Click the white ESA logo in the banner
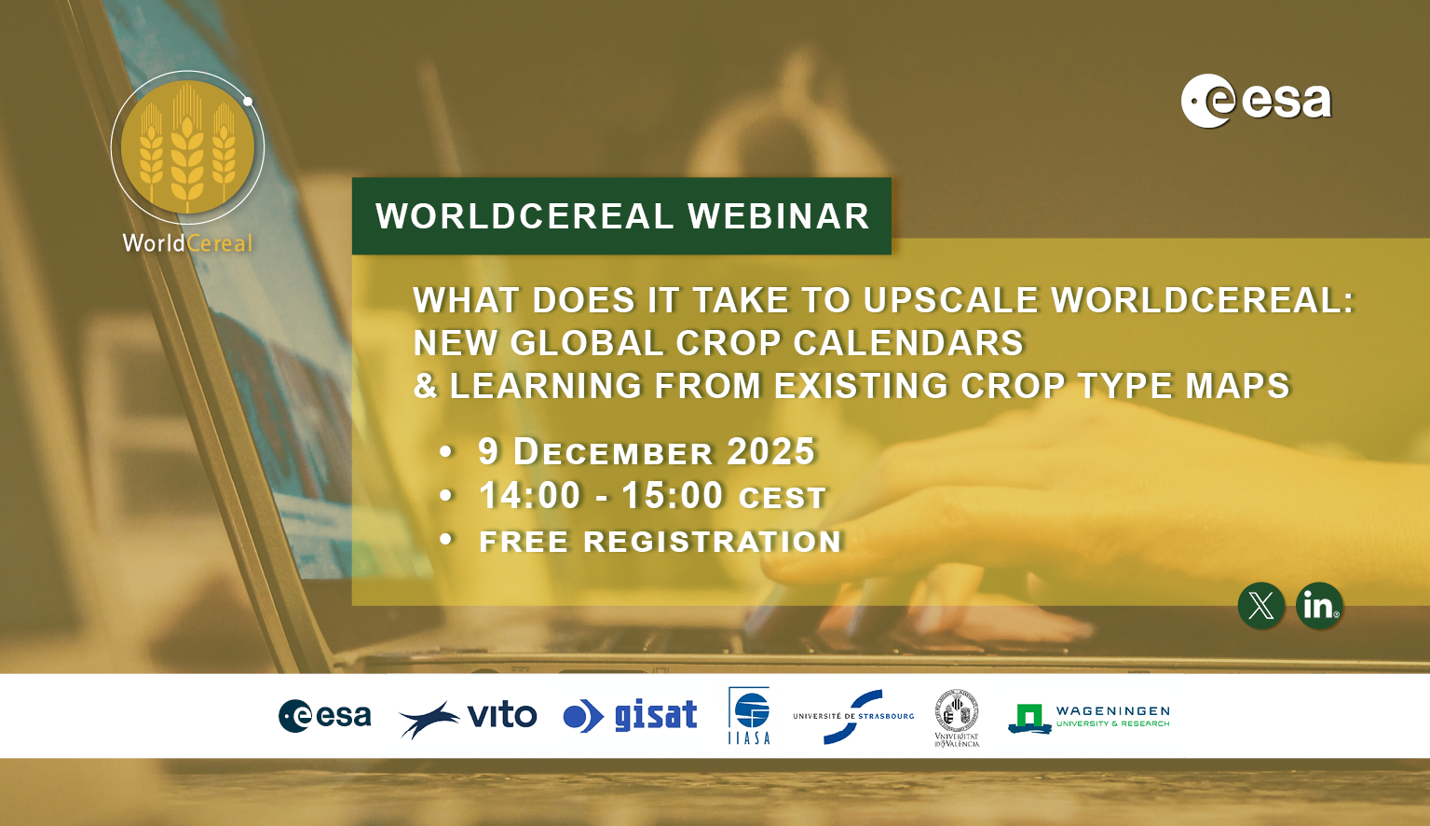pyautogui.click(x=1256, y=101)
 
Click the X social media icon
pyautogui.click(x=1260, y=606)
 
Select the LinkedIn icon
pyautogui.click(x=1318, y=606)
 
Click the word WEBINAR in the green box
pyautogui.click(x=778, y=216)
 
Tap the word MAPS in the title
pyautogui.click(x=1237, y=386)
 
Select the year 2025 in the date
pyautogui.click(x=770, y=452)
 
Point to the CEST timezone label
pyautogui.click(x=782, y=499)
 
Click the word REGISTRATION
pyautogui.click(x=713, y=542)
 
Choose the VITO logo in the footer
pyautogui.click(x=468, y=717)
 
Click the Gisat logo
pyautogui.click(x=631, y=716)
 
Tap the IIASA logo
pyautogui.click(x=749, y=716)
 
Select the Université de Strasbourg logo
pyautogui.click(x=853, y=716)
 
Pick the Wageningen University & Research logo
pyautogui.click(x=1088, y=717)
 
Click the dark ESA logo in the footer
pyautogui.click(x=324, y=716)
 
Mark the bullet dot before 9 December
pyautogui.click(x=446, y=452)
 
